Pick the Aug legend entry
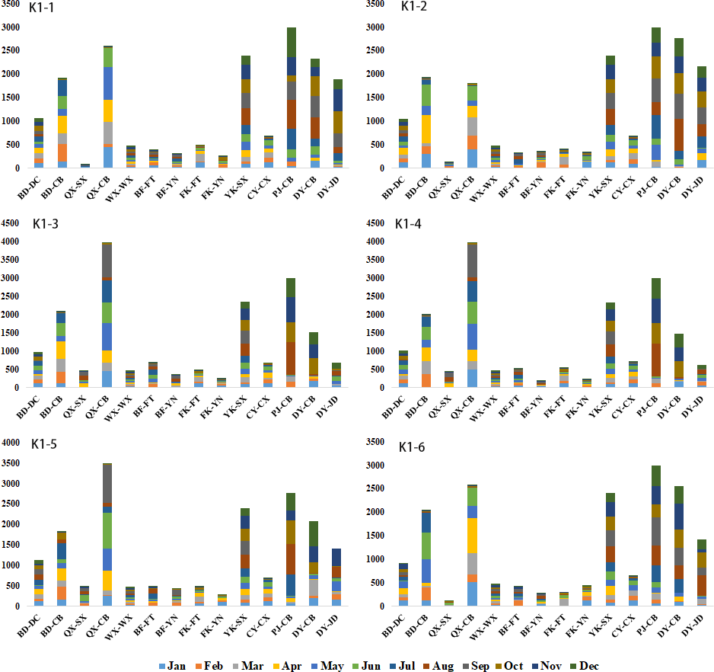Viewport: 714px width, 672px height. [x=451, y=666]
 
